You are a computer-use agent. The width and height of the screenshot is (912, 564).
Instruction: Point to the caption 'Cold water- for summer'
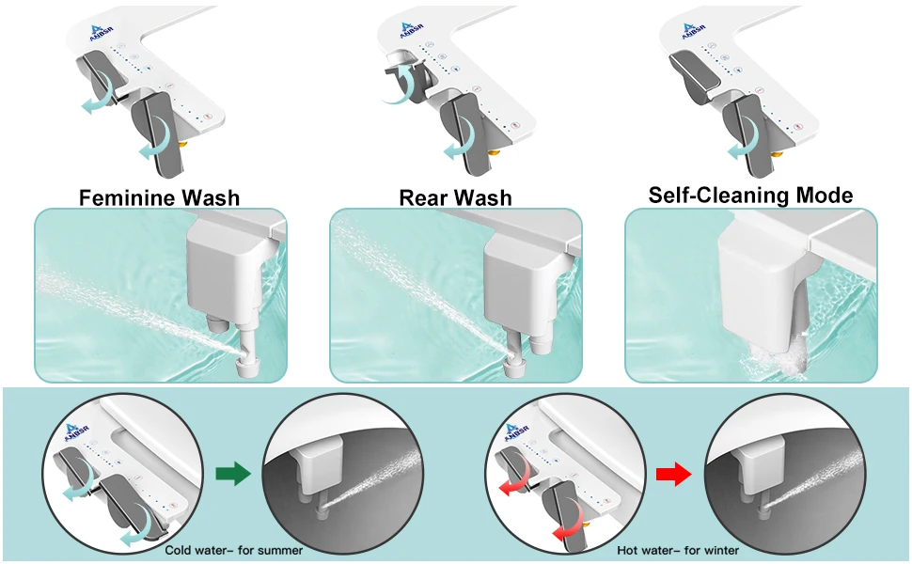point(234,550)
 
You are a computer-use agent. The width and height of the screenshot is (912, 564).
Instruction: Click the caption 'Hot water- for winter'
point(678,550)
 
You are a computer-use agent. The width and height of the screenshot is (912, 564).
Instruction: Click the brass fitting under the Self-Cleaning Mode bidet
point(777,153)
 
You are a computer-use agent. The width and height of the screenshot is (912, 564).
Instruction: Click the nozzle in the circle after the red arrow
point(764,509)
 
